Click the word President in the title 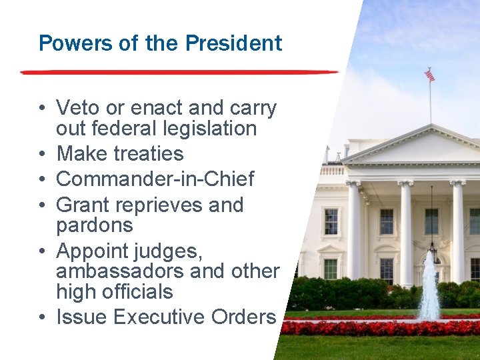coord(233,43)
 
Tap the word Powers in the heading coord(67,43)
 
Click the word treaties coord(147,153)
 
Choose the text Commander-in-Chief coord(155,179)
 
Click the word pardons coord(95,225)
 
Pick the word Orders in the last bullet coord(243,317)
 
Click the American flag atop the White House coord(430,75)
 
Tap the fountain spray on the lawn coord(429,287)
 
